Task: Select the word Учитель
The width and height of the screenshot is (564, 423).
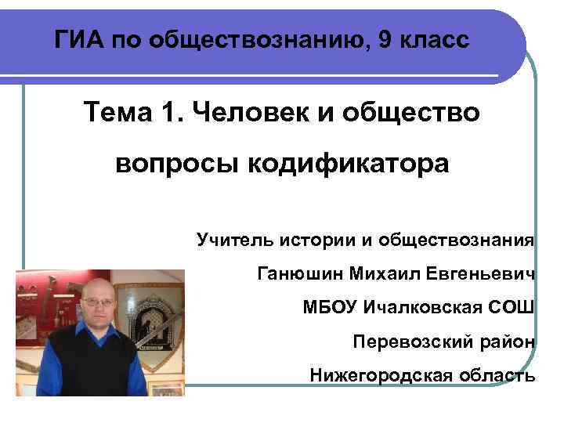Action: pyautogui.click(x=233, y=240)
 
